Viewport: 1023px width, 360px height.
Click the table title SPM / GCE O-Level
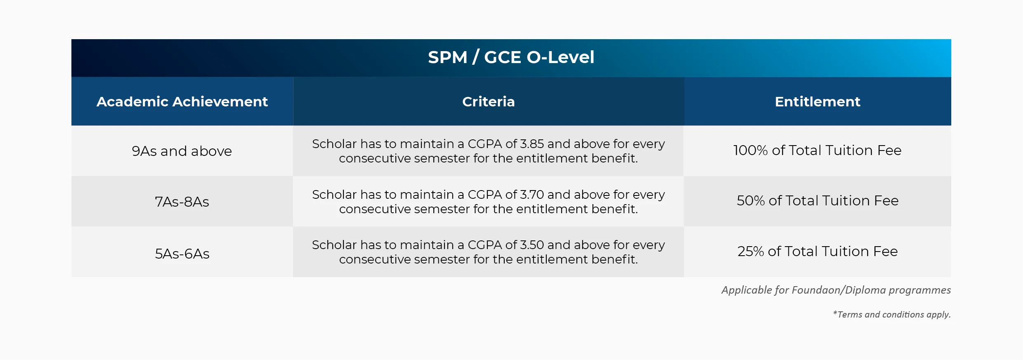(x=511, y=57)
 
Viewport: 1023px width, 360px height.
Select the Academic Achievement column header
(x=182, y=101)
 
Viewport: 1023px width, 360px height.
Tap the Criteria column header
(x=488, y=101)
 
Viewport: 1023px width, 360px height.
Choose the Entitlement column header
(x=817, y=101)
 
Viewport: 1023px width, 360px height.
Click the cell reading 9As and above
(x=182, y=151)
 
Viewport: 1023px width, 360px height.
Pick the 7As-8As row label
(x=182, y=202)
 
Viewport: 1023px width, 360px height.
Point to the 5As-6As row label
(x=182, y=254)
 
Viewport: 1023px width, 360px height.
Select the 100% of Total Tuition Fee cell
(x=817, y=150)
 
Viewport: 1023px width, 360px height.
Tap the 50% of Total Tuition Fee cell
(x=817, y=200)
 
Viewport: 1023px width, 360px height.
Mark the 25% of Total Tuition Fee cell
(x=817, y=251)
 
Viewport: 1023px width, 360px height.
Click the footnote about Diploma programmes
(x=836, y=290)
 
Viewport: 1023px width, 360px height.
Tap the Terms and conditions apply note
(x=892, y=315)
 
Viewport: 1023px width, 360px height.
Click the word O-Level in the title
(x=560, y=57)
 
